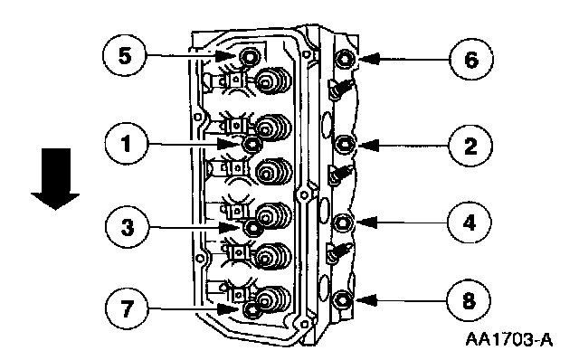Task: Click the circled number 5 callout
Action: pyautogui.click(x=125, y=56)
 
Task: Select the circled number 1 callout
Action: pyautogui.click(x=127, y=143)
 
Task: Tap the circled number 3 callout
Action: pyautogui.click(x=128, y=227)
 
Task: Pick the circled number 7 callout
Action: pyautogui.click(x=127, y=308)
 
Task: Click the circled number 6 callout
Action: pyautogui.click(x=471, y=59)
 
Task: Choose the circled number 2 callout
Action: pyautogui.click(x=470, y=146)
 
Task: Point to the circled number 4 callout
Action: pyautogui.click(x=469, y=223)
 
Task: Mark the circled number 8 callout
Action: pyautogui.click(x=469, y=300)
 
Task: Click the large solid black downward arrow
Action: pyautogui.click(x=55, y=179)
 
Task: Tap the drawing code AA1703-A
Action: pyautogui.click(x=508, y=339)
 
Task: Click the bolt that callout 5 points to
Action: pyautogui.click(x=250, y=57)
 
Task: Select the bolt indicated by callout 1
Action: pyautogui.click(x=252, y=144)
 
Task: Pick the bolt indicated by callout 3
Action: pyautogui.click(x=253, y=228)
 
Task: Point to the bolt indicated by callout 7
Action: pyautogui.click(x=252, y=309)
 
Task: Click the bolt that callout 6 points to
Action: pyautogui.click(x=345, y=58)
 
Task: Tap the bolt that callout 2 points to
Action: pyautogui.click(x=344, y=144)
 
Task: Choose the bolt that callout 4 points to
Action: pyautogui.click(x=343, y=223)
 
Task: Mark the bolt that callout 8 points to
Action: pyautogui.click(x=343, y=300)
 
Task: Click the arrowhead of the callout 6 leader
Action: pyautogui.click(x=369, y=59)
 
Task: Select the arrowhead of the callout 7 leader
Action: pyautogui.click(x=227, y=309)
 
